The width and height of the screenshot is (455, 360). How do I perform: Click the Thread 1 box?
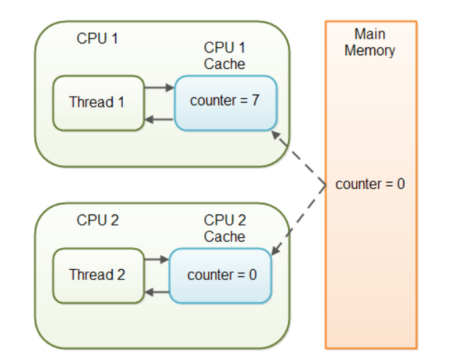tap(99, 103)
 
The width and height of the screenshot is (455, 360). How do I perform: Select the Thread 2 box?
tap(99, 276)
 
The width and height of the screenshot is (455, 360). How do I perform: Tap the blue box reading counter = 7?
tap(226, 103)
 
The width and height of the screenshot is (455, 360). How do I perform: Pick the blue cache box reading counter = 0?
tap(220, 276)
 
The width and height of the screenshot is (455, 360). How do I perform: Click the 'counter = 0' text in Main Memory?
tap(370, 184)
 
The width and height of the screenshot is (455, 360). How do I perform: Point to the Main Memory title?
tap(370, 42)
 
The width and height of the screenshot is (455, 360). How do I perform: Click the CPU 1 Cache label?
tap(225, 56)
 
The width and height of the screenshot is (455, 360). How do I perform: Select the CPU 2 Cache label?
tap(225, 228)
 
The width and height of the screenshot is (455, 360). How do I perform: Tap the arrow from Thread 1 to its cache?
tap(159, 87)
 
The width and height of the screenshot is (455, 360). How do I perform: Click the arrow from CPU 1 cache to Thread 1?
tap(159, 119)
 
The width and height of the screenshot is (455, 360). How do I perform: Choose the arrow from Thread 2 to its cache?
tap(157, 259)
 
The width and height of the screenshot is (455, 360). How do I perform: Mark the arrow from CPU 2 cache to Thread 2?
tap(157, 292)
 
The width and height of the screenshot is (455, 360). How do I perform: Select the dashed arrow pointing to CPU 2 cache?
tap(299, 220)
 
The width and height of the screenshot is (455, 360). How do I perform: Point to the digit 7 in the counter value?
tap(255, 100)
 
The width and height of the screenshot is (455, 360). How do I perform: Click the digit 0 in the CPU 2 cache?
tap(253, 275)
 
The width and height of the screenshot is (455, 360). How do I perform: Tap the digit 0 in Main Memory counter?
tap(400, 184)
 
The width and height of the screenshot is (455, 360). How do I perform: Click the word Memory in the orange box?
tap(370, 51)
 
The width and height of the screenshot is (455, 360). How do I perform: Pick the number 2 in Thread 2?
tap(121, 274)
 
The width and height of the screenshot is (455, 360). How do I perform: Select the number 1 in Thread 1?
tap(121, 102)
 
